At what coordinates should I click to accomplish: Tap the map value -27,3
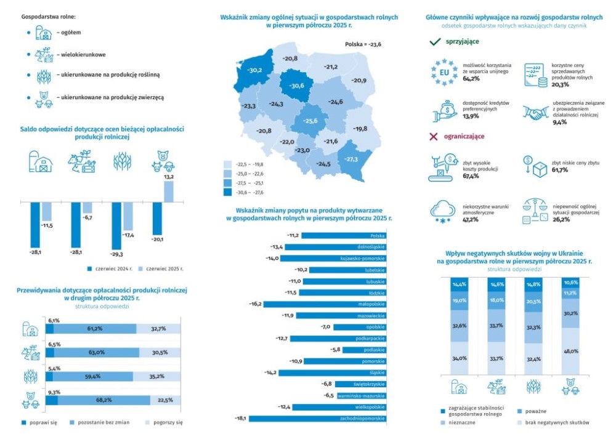(x=351, y=159)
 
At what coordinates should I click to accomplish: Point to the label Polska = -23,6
(x=363, y=44)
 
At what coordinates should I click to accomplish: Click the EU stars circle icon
(x=444, y=71)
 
